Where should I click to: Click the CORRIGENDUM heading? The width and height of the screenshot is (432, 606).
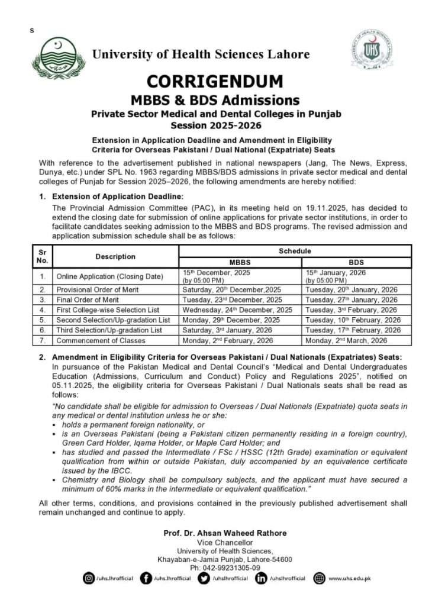point(215,81)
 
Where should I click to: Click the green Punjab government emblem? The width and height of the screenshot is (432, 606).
point(57,58)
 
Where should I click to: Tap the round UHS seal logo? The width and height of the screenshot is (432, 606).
point(371,51)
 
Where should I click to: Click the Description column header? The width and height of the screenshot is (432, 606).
point(115,257)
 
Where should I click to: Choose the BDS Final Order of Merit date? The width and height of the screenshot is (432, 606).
point(351,300)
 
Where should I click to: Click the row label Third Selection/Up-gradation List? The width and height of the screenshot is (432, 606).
point(112,330)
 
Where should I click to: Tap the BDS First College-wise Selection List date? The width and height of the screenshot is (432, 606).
point(351,310)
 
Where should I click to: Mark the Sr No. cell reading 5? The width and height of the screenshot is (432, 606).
point(43,320)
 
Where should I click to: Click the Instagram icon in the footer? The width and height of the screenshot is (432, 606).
point(89,578)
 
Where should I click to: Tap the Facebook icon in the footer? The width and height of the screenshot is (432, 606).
point(146,578)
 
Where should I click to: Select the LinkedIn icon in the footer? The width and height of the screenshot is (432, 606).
point(261,578)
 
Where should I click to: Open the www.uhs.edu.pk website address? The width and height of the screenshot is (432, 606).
point(349,578)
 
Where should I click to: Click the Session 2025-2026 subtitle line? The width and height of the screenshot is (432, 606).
point(215,125)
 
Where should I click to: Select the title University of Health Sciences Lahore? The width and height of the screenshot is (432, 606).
point(201,54)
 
